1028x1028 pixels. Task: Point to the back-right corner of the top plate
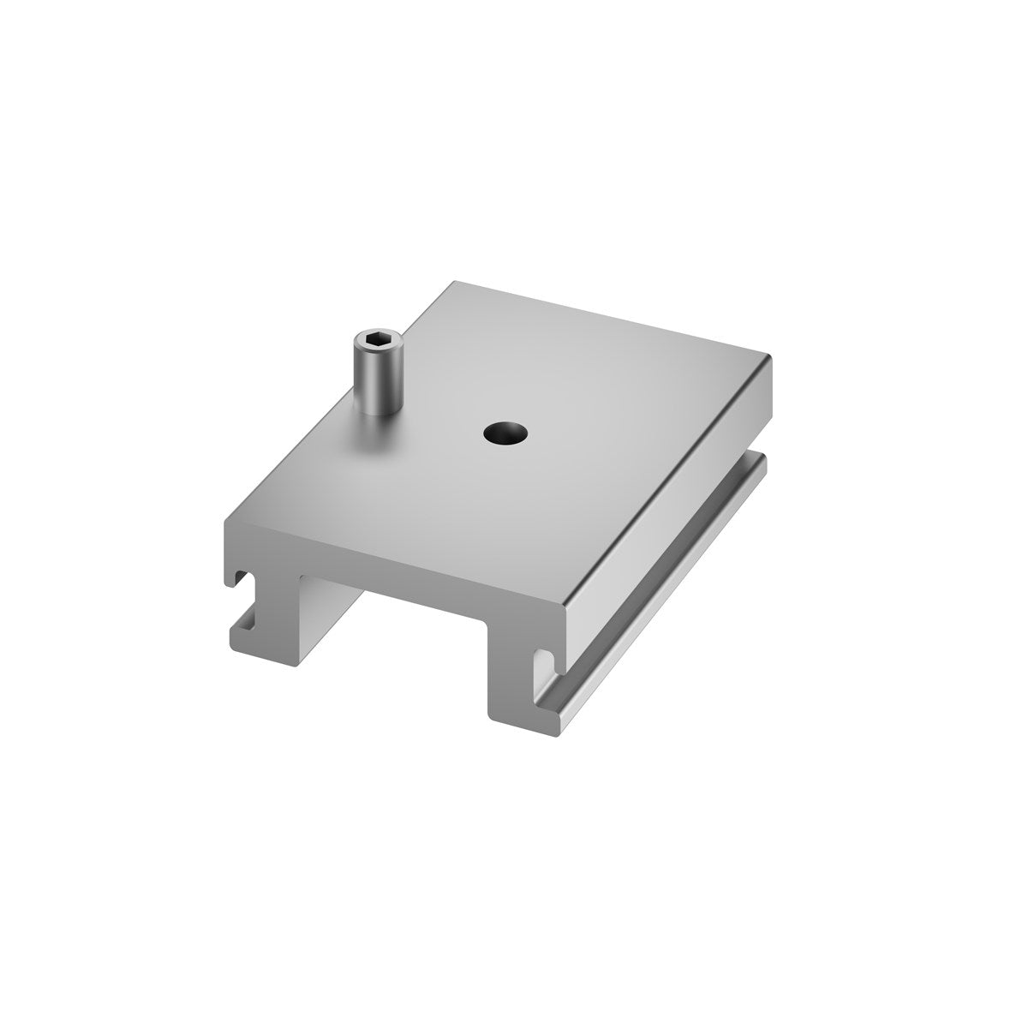[770, 358]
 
